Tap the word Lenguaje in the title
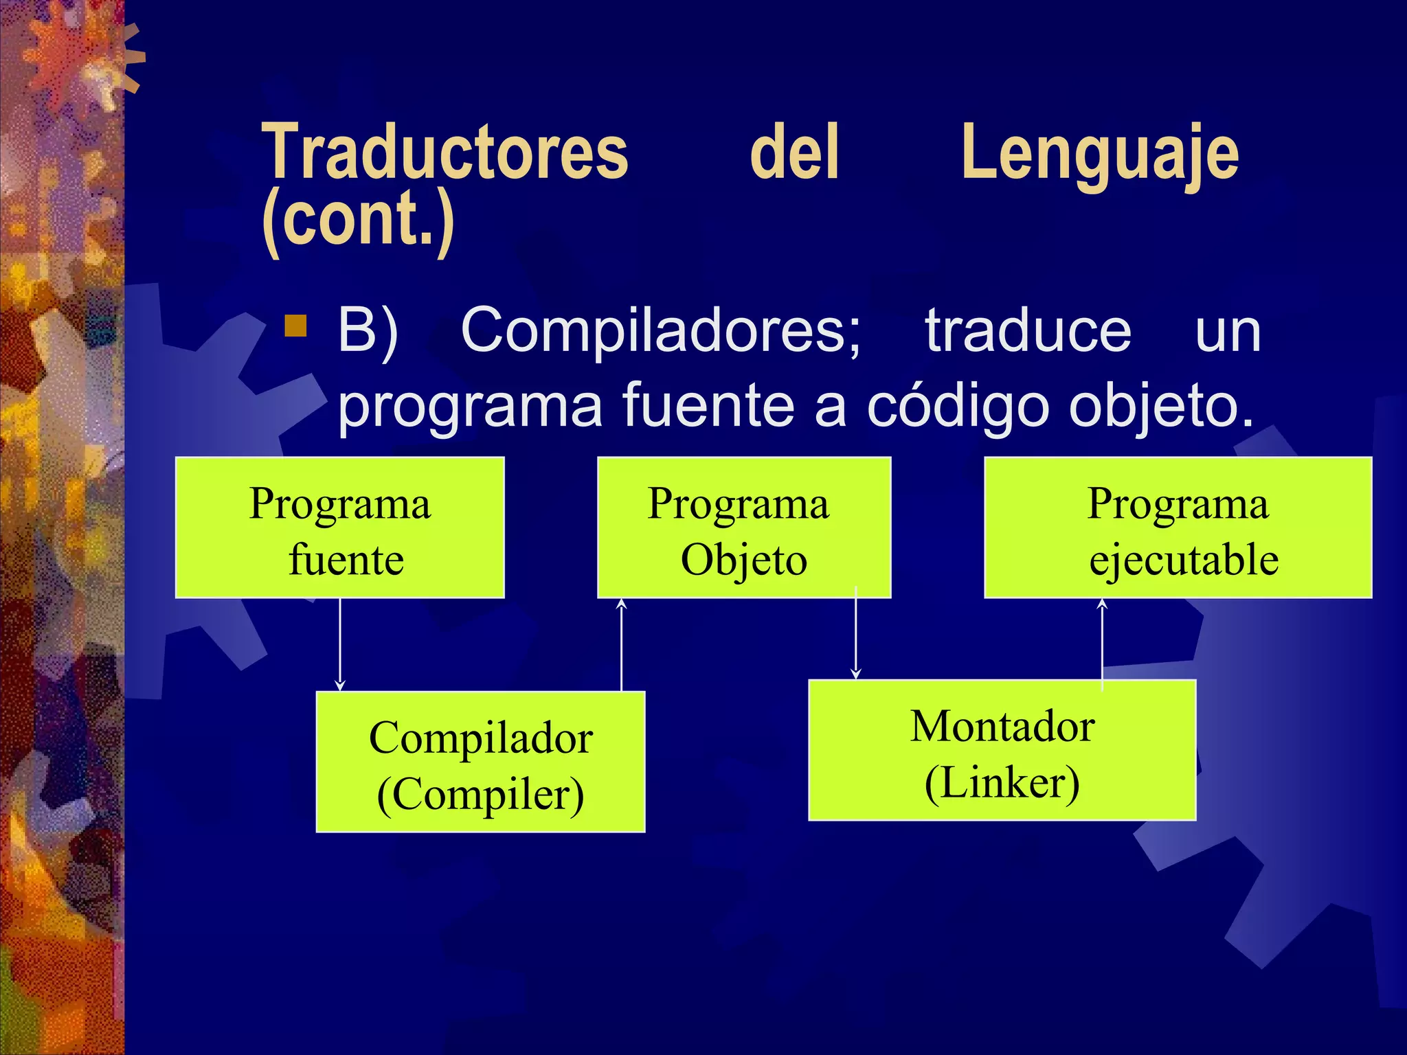click(x=1099, y=155)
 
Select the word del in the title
click(x=794, y=152)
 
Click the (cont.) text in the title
click(x=358, y=220)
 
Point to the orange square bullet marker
click(x=295, y=326)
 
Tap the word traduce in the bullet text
click(x=1028, y=331)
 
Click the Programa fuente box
click(x=340, y=527)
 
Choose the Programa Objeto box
click(x=744, y=527)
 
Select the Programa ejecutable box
click(x=1178, y=527)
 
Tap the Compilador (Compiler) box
click(x=480, y=762)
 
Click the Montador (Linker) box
click(x=1002, y=750)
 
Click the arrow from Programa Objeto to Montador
click(x=855, y=635)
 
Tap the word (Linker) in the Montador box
click(x=1002, y=783)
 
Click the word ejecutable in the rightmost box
click(x=1183, y=560)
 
